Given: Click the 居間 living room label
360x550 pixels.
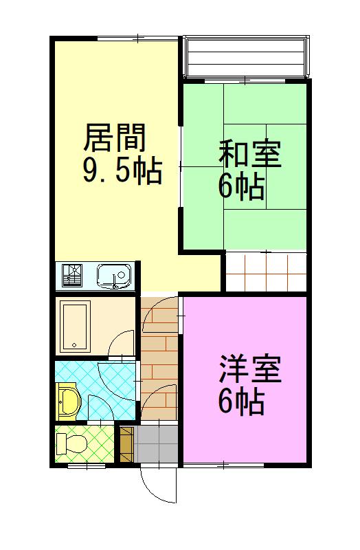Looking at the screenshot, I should (x=115, y=140).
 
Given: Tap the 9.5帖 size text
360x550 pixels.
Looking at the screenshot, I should (x=122, y=170).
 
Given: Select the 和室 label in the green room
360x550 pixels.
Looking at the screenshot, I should (x=249, y=155).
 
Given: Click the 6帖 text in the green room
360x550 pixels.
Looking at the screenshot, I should (x=241, y=185).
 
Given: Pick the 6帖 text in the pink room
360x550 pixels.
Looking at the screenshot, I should (x=241, y=401).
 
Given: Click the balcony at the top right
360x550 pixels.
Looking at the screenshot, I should (x=245, y=56).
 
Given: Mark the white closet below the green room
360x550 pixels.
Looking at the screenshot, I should (x=265, y=271).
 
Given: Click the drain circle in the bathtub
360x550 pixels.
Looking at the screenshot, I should (x=73, y=344).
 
